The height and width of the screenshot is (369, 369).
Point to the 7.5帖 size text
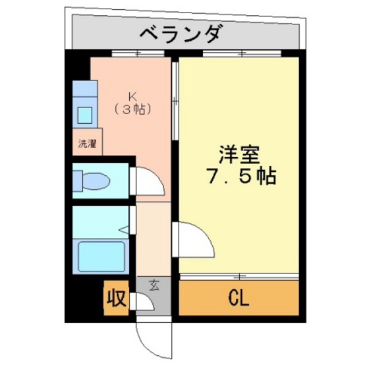click(239, 177)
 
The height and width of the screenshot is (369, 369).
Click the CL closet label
click(239, 299)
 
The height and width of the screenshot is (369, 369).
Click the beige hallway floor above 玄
click(152, 241)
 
